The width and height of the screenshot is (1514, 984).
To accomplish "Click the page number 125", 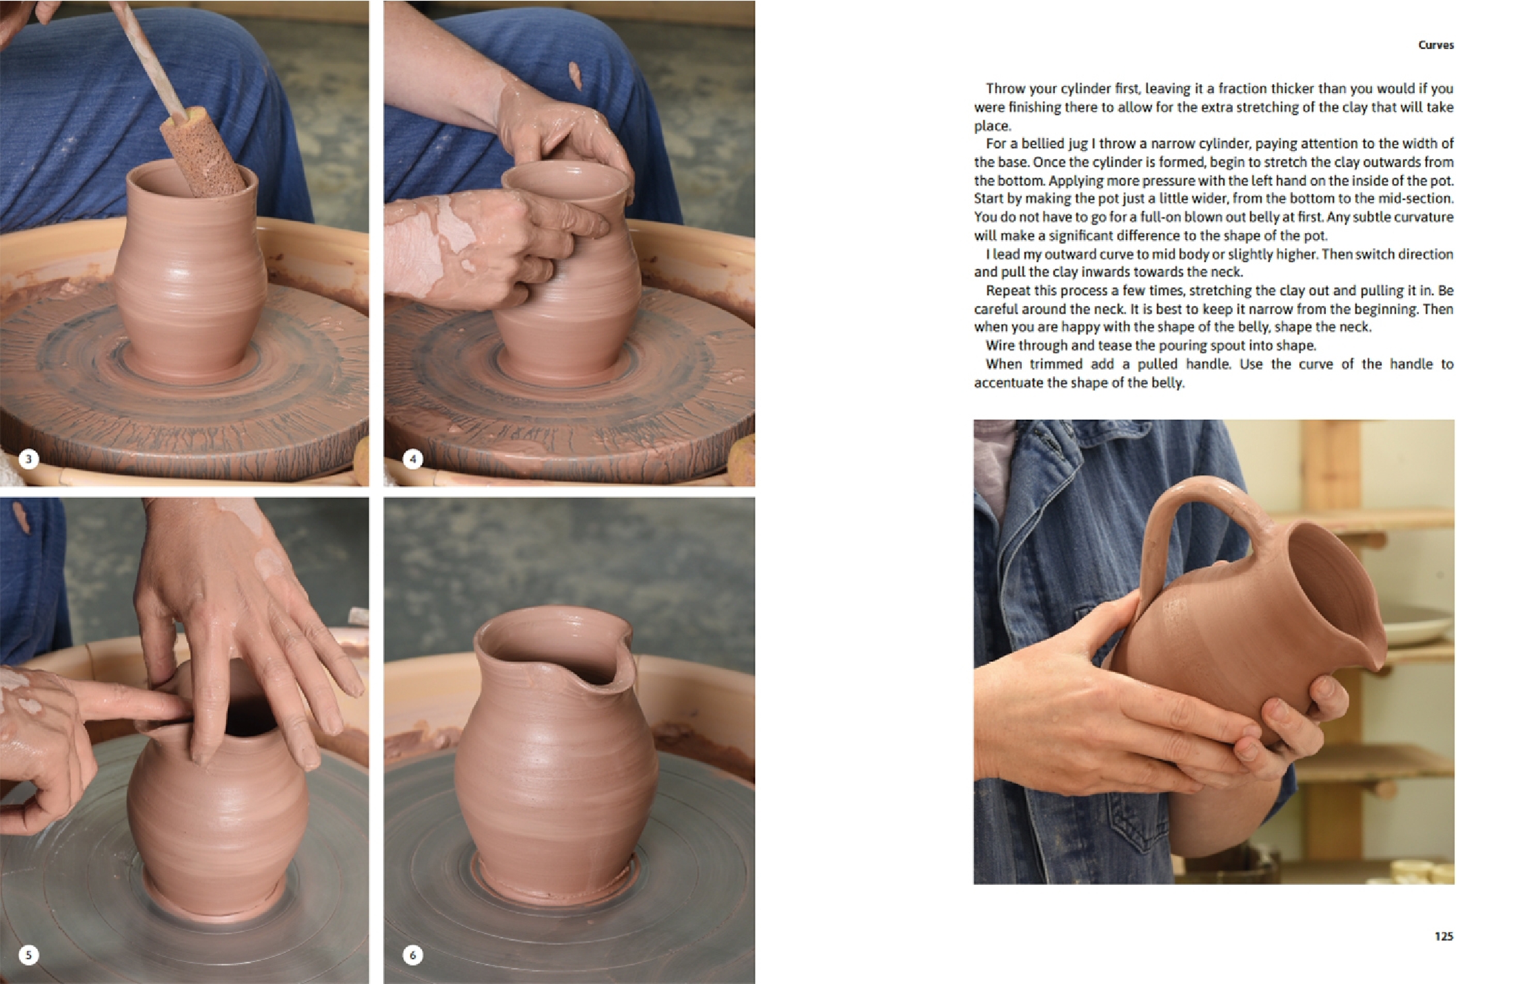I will point(1443,936).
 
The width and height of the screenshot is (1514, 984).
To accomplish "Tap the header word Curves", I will point(1435,45).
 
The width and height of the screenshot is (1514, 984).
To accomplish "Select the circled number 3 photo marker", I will point(28,459).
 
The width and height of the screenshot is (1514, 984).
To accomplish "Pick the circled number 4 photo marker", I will point(412,459).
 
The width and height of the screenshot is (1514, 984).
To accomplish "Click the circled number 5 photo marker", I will point(28,954).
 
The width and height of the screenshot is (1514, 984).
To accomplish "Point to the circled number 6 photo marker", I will point(412,954).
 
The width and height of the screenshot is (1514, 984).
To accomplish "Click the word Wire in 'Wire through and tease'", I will point(1000,345).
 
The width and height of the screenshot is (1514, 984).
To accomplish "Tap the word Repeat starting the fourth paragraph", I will point(1008,290).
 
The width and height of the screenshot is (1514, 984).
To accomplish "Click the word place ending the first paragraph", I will point(991,125).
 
